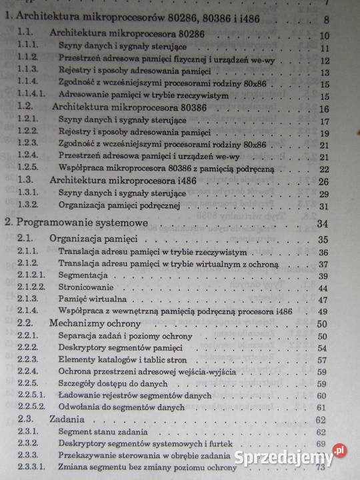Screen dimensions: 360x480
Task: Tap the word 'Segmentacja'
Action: [x=84, y=275]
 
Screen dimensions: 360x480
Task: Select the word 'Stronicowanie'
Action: [x=87, y=287]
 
